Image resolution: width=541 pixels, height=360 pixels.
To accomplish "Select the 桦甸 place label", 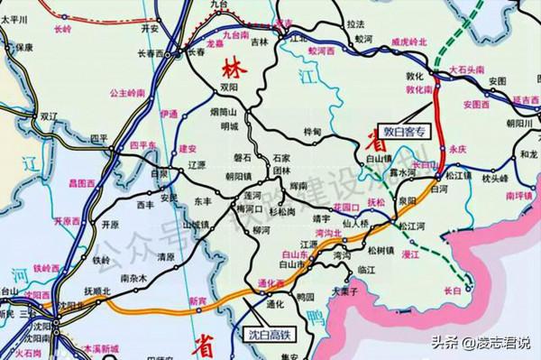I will [313, 133].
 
